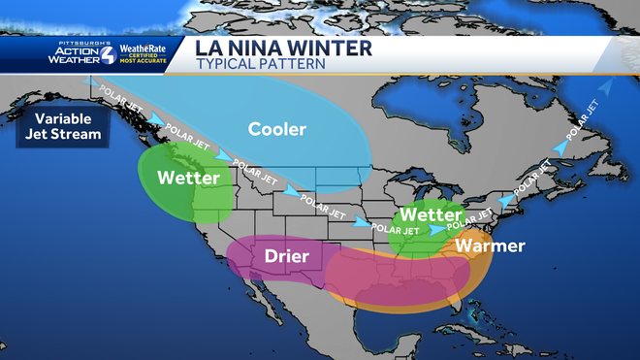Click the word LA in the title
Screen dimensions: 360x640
(211, 48)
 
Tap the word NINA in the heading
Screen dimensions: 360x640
(259, 48)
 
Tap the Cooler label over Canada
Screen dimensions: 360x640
(277, 129)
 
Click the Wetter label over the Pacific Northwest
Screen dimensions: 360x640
(188, 179)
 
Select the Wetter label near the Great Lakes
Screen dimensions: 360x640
(431, 213)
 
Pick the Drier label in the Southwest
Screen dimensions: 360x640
(286, 256)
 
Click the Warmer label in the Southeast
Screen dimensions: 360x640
(492, 245)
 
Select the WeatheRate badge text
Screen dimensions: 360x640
(144, 49)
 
